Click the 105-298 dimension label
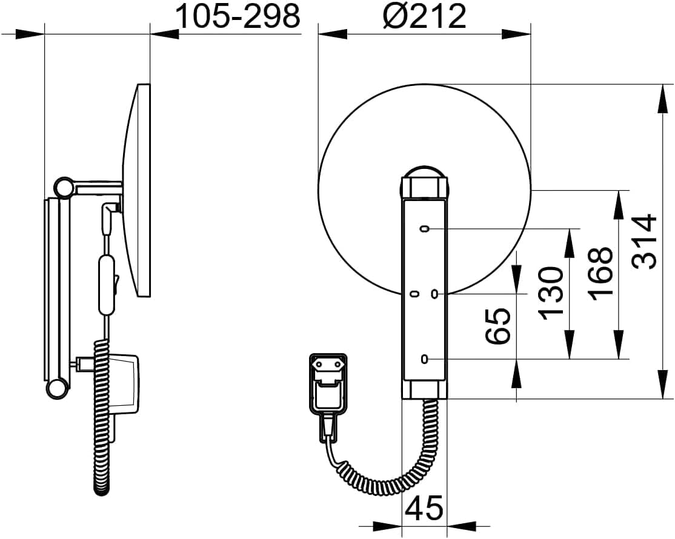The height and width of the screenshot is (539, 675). pyautogui.click(x=238, y=17)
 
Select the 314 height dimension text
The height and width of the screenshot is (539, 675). pyautogui.click(x=647, y=241)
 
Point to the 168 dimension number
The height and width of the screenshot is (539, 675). pyautogui.click(x=600, y=274)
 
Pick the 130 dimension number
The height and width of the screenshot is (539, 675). pyautogui.click(x=551, y=293)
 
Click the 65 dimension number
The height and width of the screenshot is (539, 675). pyautogui.click(x=498, y=326)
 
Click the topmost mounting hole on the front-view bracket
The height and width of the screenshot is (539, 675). pyautogui.click(x=425, y=228)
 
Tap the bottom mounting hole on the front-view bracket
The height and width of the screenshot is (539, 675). pyautogui.click(x=425, y=359)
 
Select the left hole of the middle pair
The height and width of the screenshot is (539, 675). pyautogui.click(x=414, y=294)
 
